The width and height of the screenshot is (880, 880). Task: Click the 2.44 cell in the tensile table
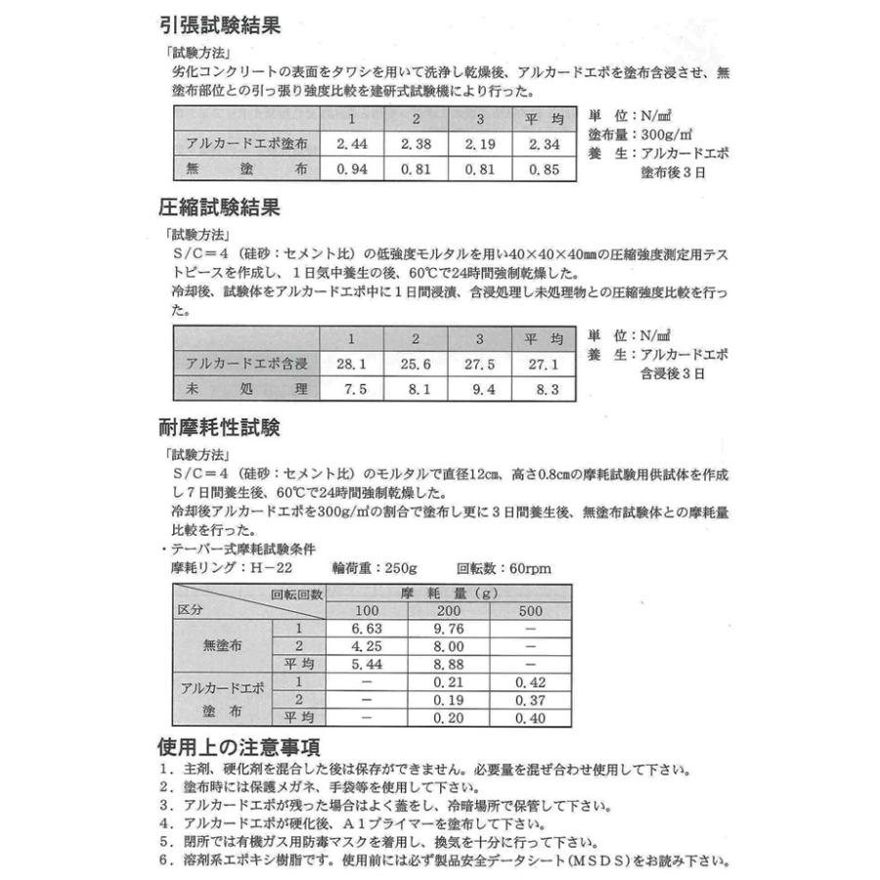pyautogui.click(x=351, y=144)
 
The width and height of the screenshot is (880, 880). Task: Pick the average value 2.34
pyautogui.click(x=544, y=144)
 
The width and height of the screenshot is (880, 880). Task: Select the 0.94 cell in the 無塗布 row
pyautogui.click(x=351, y=169)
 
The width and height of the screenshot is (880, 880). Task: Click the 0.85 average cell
pyautogui.click(x=544, y=169)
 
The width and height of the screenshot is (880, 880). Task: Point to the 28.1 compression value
pyautogui.click(x=351, y=365)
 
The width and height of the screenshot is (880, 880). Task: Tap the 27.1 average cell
pyautogui.click(x=544, y=365)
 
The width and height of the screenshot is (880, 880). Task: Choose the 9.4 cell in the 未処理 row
pyautogui.click(x=479, y=389)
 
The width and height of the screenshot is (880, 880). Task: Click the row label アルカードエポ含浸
pyautogui.click(x=247, y=365)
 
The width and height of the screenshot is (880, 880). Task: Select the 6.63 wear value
pyautogui.click(x=365, y=629)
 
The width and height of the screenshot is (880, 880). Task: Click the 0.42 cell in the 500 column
pyautogui.click(x=530, y=682)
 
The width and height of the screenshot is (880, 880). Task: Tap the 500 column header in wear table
pyautogui.click(x=530, y=611)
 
